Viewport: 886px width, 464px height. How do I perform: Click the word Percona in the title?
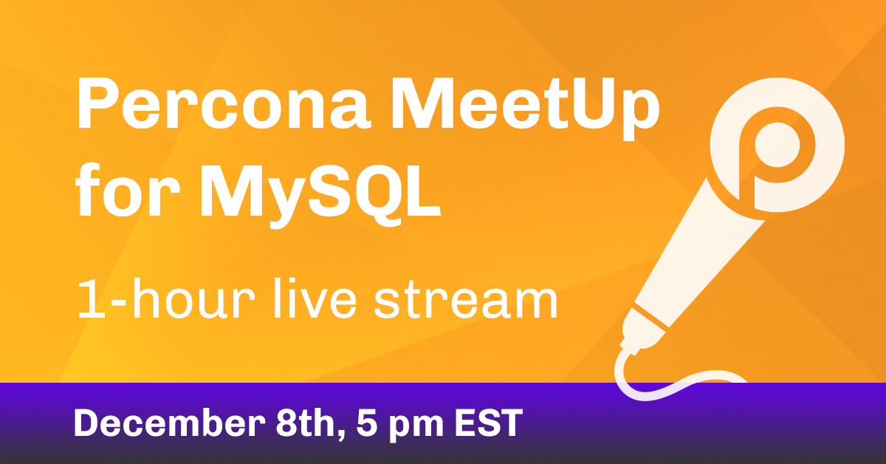tap(224, 103)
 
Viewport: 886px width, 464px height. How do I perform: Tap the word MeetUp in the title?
tap(525, 109)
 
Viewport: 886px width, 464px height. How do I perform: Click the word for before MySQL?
tap(127, 190)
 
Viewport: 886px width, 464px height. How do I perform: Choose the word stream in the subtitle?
tap(466, 300)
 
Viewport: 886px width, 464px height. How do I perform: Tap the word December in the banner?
tap(169, 423)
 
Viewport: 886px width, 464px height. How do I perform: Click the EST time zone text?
tap(489, 423)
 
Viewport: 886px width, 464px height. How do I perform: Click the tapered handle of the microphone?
tap(696, 253)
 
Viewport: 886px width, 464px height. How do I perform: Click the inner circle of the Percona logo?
tap(777, 145)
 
